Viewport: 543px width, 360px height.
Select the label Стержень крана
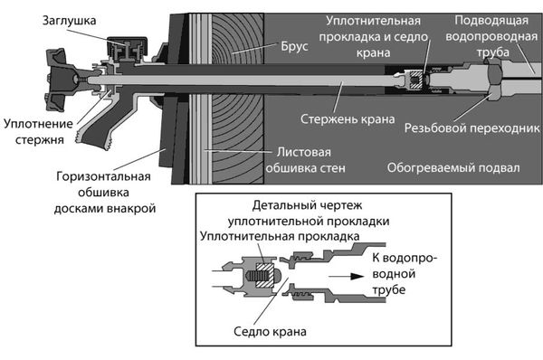(x=340, y=118)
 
